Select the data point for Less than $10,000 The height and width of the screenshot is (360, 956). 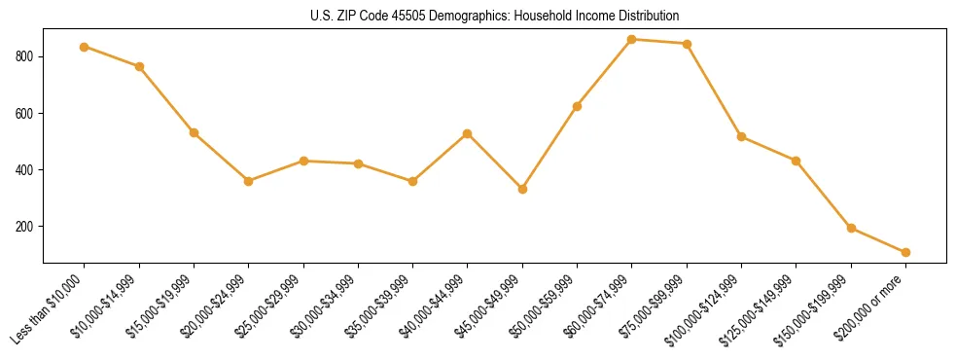click(x=85, y=47)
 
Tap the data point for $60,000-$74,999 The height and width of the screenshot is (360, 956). click(x=632, y=40)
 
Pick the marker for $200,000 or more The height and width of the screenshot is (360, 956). click(x=905, y=252)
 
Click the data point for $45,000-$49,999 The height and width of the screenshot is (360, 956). click(x=522, y=189)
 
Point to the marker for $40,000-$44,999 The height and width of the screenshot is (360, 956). click(x=468, y=133)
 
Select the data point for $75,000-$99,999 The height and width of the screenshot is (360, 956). click(x=687, y=44)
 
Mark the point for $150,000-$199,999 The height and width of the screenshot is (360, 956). click(x=851, y=229)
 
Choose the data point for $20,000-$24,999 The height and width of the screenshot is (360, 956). click(x=249, y=181)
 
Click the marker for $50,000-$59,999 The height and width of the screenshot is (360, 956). click(x=578, y=106)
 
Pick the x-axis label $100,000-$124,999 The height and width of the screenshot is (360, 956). click(x=702, y=311)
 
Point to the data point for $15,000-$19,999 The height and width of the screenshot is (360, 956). click(x=194, y=132)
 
